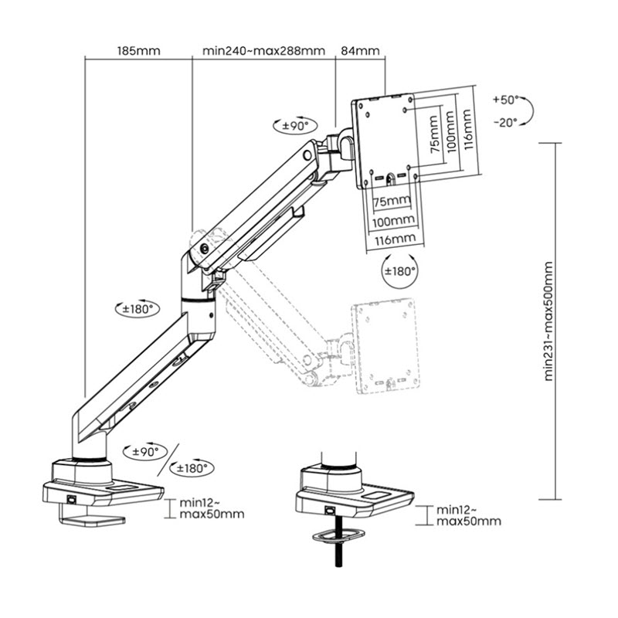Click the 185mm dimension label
[x=139, y=51]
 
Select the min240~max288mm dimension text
[x=263, y=51]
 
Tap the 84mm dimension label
[x=360, y=51]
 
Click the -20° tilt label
[x=506, y=123]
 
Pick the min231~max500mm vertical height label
[x=548, y=321]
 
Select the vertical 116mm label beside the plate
[x=467, y=129]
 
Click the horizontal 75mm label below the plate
[x=392, y=201]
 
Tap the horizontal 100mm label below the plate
[x=393, y=221]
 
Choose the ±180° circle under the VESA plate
[x=399, y=272]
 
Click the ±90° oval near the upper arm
[x=295, y=126]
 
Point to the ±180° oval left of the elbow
[x=138, y=308]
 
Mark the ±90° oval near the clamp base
[x=145, y=452]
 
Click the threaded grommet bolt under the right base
[x=338, y=541]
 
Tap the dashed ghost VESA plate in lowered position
[x=385, y=345]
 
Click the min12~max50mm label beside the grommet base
[x=469, y=515]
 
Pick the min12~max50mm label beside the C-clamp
[x=212, y=508]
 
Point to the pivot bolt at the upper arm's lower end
[x=205, y=249]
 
